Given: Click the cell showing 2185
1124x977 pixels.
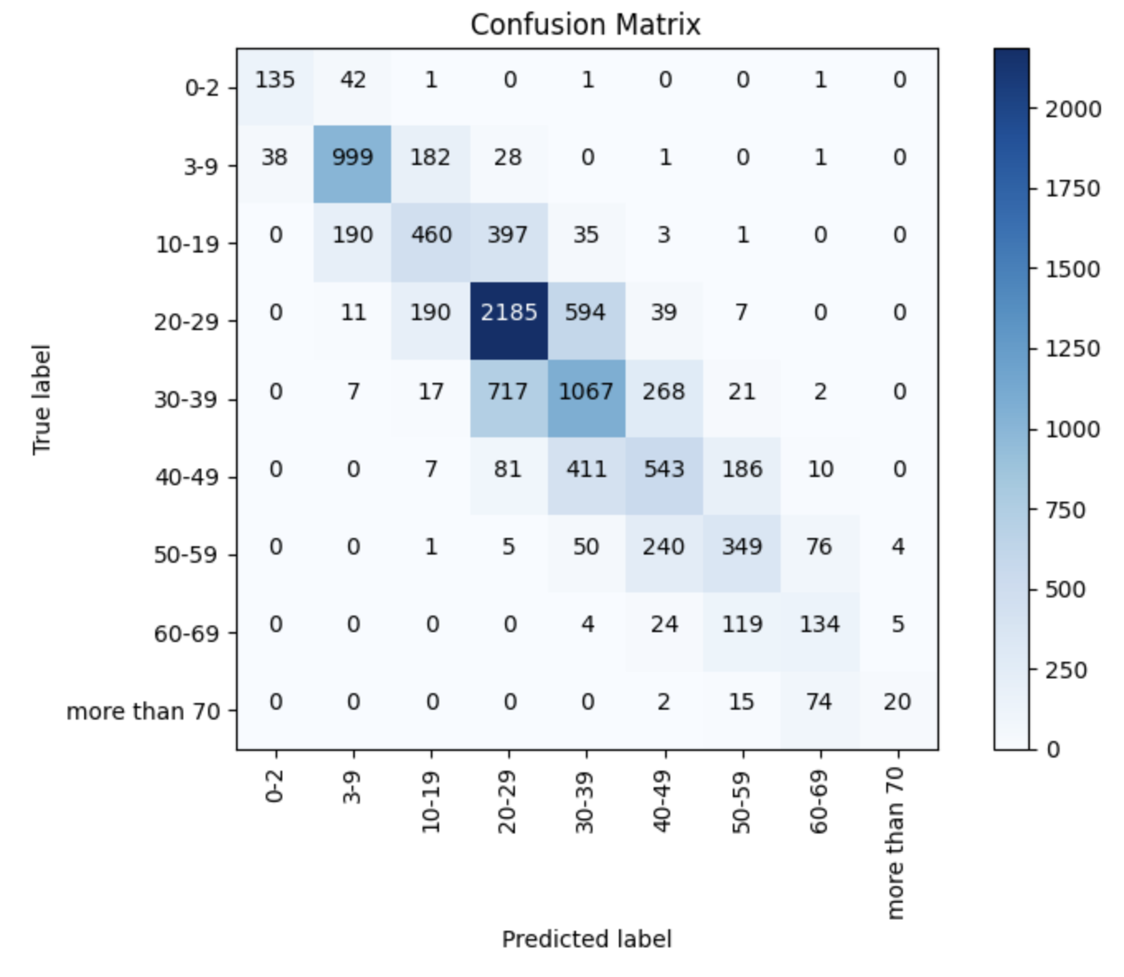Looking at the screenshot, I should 508,313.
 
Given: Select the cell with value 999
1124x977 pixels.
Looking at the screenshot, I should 352,158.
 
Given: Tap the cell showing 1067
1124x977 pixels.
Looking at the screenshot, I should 586,390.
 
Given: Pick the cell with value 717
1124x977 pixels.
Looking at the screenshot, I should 508,390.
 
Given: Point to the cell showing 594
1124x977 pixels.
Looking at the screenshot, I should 586,313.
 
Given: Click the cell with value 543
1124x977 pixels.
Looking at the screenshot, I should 664,469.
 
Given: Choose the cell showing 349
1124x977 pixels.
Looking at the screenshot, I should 742,546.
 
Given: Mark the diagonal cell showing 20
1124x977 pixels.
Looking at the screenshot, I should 897,701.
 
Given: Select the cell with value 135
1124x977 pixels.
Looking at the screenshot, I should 275,80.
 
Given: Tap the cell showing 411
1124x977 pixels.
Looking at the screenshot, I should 586,469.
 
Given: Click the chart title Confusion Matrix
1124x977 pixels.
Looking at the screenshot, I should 585,25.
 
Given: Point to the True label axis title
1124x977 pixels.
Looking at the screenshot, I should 41,399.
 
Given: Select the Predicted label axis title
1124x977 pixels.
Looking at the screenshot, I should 587,939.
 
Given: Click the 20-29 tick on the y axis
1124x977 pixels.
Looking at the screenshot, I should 186,322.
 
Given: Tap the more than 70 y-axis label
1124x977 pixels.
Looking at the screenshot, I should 144,711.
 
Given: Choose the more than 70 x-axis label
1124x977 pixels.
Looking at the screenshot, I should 896,842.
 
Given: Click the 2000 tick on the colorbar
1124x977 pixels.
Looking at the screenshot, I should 1073,110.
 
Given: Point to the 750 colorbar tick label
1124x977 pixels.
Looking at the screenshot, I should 1065,510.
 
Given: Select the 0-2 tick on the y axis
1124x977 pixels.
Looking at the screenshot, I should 201,87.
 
